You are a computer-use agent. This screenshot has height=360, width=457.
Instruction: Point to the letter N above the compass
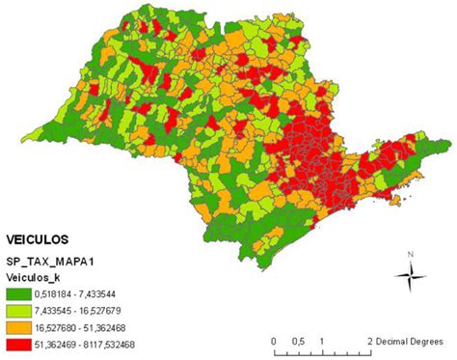pos(411,254)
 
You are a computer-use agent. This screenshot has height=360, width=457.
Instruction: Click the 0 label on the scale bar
pos(275,342)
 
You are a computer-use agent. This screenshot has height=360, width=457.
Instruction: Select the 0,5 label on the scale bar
pos(298,342)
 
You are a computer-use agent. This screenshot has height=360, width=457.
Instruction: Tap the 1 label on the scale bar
pos(322,342)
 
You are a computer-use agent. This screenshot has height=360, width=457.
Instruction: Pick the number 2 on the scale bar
pos(370,342)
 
